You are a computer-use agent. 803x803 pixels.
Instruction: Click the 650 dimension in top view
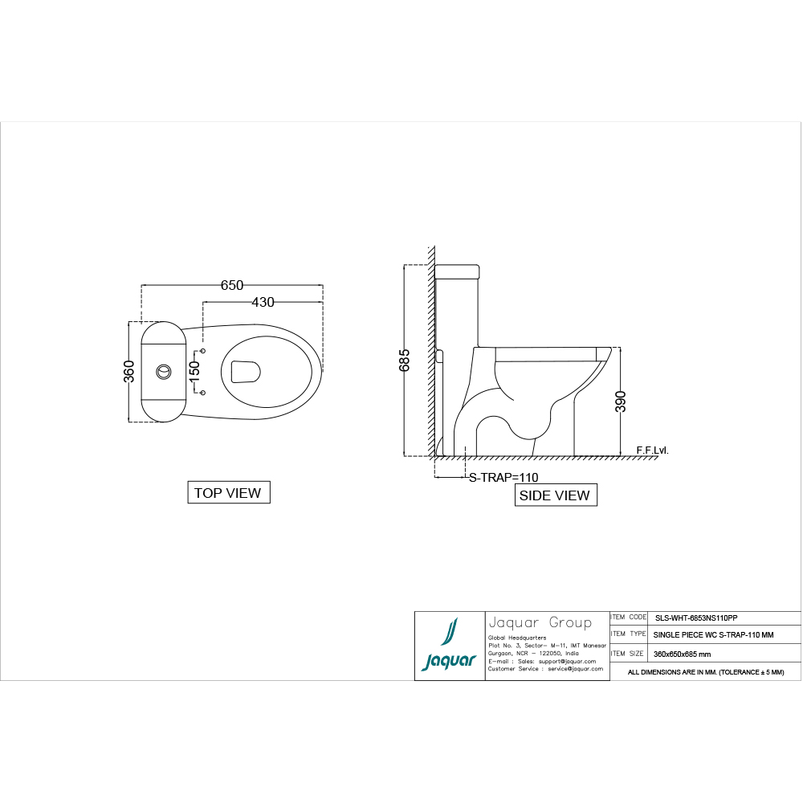tap(232, 285)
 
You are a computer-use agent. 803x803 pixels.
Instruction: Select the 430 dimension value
tap(263, 303)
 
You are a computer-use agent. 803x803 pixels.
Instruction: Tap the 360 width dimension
tap(128, 372)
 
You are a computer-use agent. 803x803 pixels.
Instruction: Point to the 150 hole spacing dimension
tap(194, 372)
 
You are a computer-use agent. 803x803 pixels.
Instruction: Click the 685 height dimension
tap(405, 360)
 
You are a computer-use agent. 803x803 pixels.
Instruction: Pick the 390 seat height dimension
tap(621, 401)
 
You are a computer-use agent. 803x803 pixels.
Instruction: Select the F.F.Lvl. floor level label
tap(651, 450)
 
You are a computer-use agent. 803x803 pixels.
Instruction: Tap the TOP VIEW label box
tap(228, 493)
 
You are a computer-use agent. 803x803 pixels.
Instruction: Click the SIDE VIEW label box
tap(555, 495)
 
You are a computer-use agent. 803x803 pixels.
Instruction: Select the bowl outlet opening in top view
tap(246, 372)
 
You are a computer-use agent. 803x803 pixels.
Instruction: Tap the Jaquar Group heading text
tap(540, 623)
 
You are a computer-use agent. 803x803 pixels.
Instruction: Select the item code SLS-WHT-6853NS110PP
tap(696, 618)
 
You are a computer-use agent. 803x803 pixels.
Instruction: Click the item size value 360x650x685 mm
tap(683, 654)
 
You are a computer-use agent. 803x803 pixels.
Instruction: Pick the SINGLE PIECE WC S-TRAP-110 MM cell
tap(714, 635)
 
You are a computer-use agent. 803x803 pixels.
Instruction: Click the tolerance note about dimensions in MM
tap(705, 672)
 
